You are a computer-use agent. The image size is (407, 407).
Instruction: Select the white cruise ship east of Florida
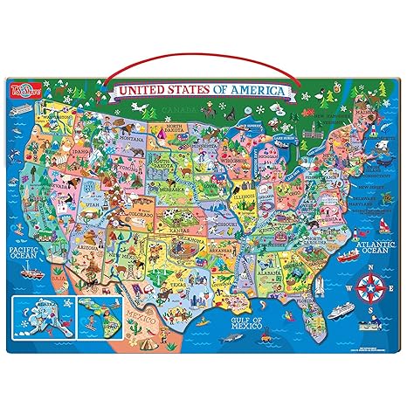341,312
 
